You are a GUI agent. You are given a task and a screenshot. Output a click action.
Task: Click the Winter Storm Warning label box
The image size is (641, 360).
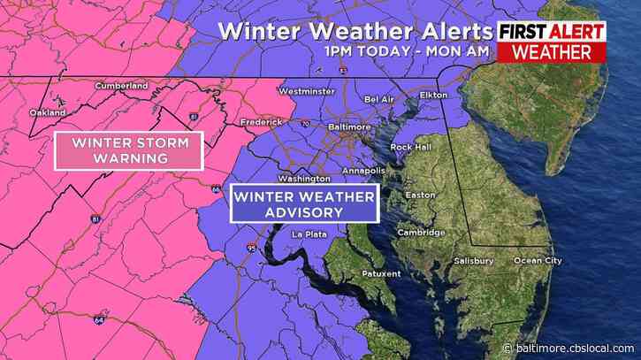(x=129, y=150)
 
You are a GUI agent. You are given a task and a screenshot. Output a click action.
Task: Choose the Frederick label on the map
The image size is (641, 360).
(x=263, y=122)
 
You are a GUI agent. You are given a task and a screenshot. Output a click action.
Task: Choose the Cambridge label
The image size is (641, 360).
(x=421, y=233)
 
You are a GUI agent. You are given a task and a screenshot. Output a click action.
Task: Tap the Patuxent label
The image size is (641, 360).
(x=382, y=274)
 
